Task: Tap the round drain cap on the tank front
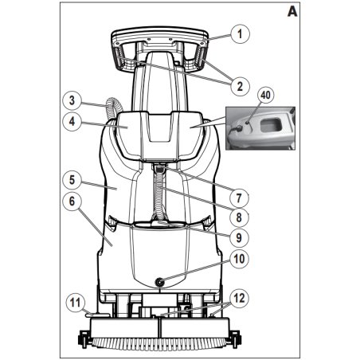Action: point(160,282)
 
